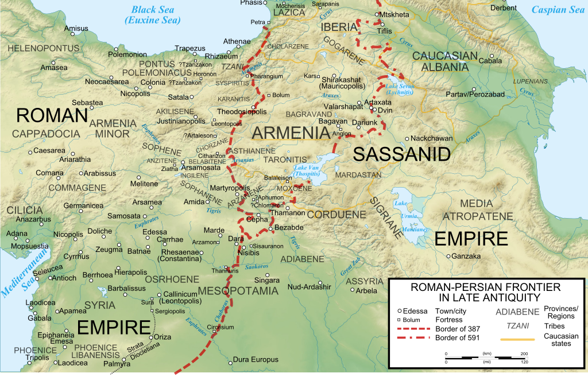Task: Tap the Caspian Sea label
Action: (558, 10)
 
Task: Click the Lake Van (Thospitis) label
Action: (308, 170)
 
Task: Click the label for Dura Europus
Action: (255, 360)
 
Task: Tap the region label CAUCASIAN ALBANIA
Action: (445, 61)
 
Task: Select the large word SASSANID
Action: (401, 154)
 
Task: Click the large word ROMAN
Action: (52, 115)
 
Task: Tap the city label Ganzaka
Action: (466, 256)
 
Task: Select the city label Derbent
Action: (504, 8)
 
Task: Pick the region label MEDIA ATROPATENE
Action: (478, 209)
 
